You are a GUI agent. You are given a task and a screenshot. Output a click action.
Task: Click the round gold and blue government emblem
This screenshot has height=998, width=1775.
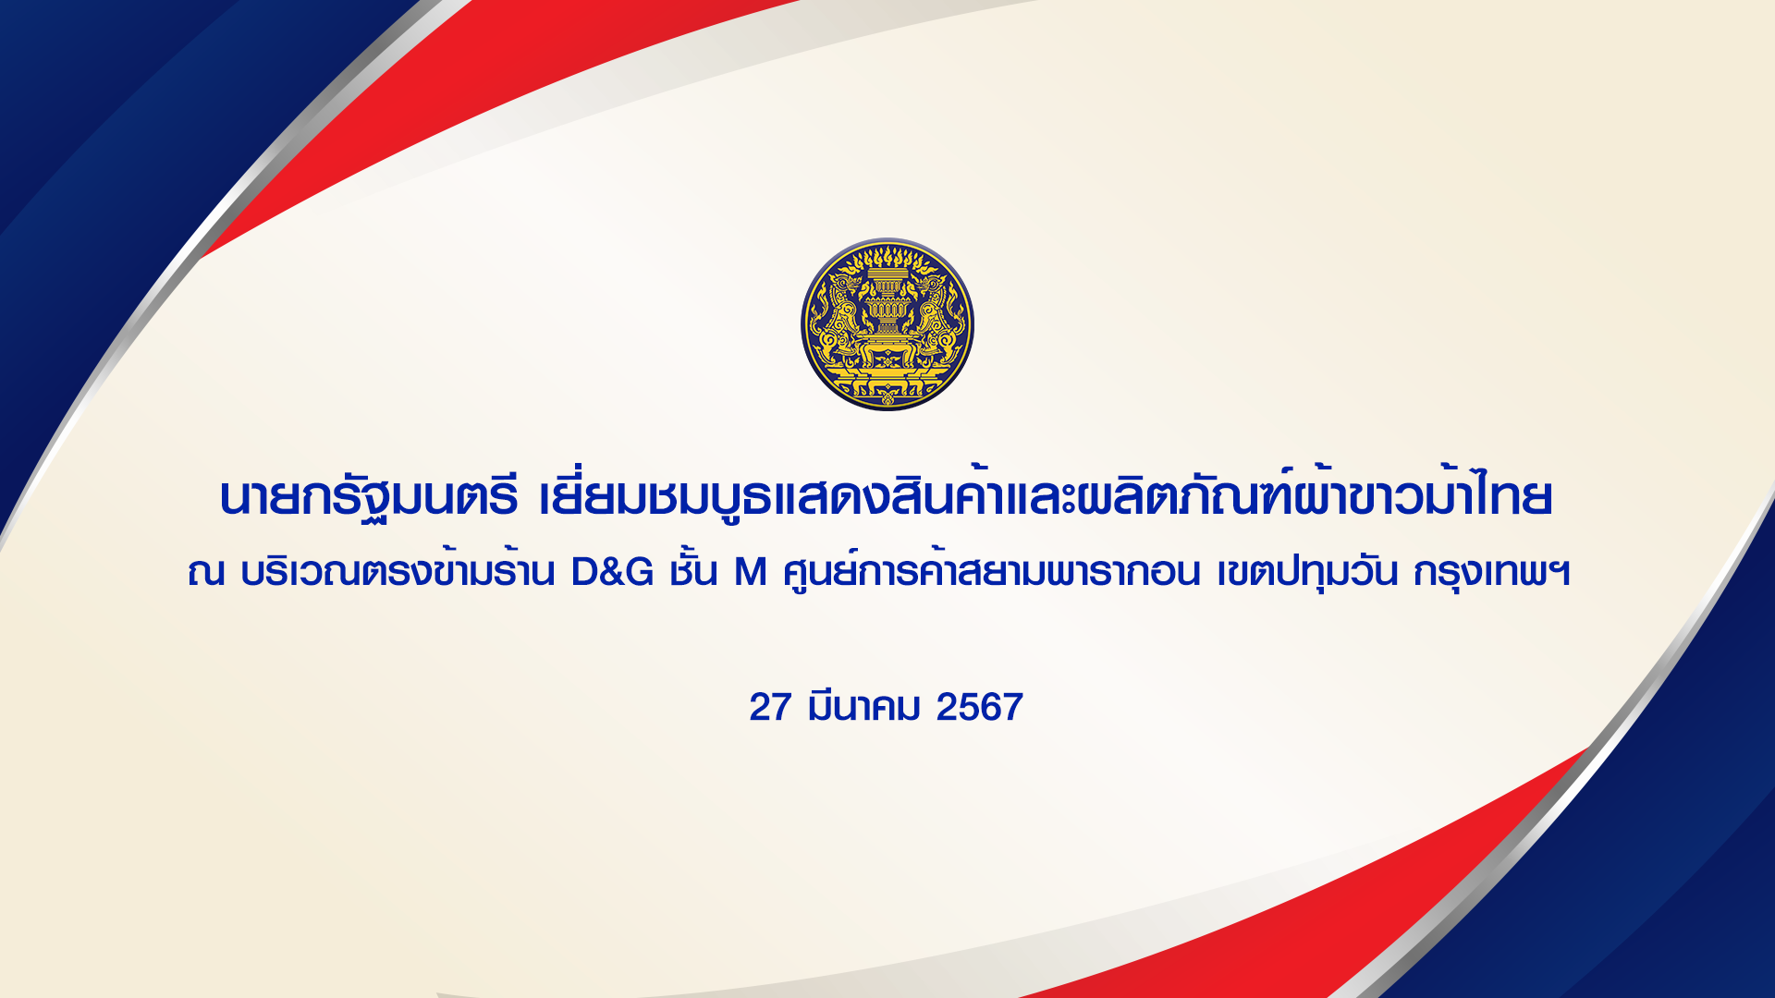887,324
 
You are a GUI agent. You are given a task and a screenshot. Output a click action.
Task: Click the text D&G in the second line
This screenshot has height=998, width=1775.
612,573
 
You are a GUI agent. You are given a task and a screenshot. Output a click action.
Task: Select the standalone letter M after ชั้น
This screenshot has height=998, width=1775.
751,573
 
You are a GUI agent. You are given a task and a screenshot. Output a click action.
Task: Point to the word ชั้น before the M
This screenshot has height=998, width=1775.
693,569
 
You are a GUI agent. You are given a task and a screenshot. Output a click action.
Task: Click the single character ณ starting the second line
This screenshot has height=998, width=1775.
205,573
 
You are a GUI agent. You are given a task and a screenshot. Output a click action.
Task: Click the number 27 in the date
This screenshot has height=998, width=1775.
770,707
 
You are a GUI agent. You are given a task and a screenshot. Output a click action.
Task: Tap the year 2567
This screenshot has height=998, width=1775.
980,707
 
